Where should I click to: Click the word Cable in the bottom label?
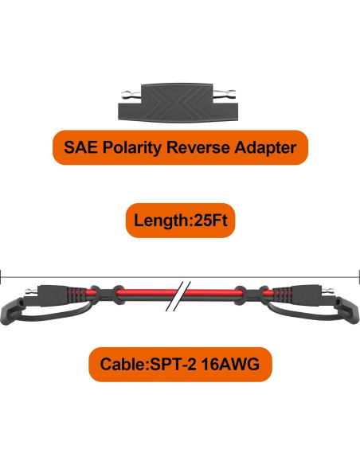coord(122,367)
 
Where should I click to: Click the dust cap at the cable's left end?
coord(14,305)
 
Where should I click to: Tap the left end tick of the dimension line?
coord(2,276)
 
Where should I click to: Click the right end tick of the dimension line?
coord(358,276)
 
